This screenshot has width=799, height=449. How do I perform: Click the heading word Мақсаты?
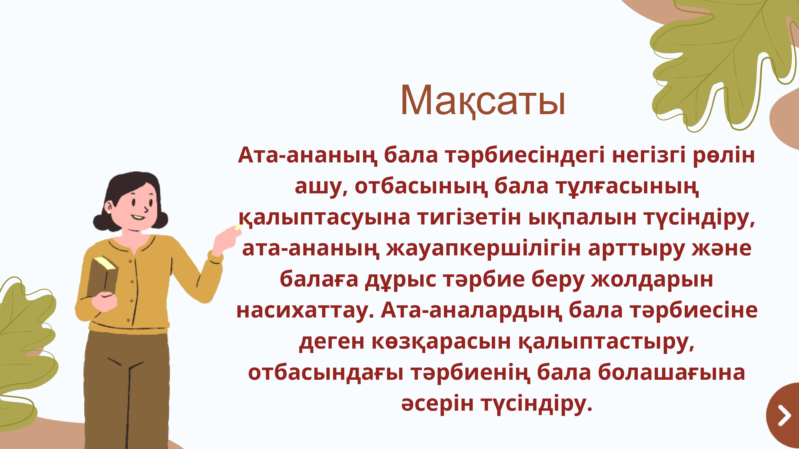tap(483, 101)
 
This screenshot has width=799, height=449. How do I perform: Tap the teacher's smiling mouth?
tap(138, 218)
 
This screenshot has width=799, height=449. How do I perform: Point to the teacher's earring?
tap(109, 212)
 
